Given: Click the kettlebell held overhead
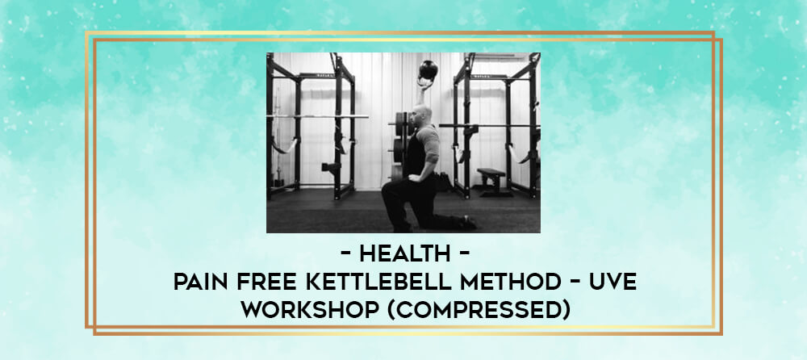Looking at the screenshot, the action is click(429, 70).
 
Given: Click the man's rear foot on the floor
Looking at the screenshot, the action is click(468, 222).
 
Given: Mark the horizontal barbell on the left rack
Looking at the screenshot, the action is click(317, 116).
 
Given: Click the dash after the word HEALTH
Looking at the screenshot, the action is click(463, 254).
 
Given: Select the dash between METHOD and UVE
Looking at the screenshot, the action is click(578, 283).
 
